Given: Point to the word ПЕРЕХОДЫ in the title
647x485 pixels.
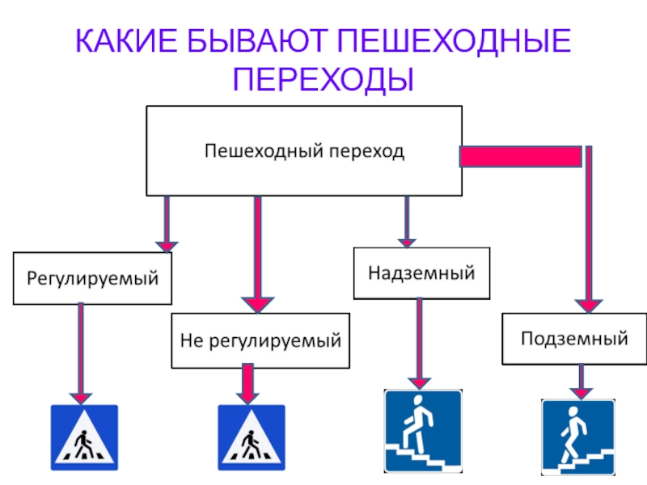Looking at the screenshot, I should coord(323,79).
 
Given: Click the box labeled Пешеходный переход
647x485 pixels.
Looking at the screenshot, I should coord(303,150).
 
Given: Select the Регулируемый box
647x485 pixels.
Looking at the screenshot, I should coord(92,279).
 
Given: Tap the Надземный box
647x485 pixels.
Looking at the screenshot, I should coord(421,272).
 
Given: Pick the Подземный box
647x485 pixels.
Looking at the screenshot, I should coord(574,338).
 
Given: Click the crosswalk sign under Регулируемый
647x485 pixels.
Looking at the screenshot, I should coord(85,438).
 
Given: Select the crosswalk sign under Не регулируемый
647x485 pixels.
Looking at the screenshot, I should coord(252,438).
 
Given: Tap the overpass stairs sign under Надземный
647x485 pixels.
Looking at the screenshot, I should coord(423,432).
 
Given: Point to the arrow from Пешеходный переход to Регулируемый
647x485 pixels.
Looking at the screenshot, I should coord(167,223).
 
